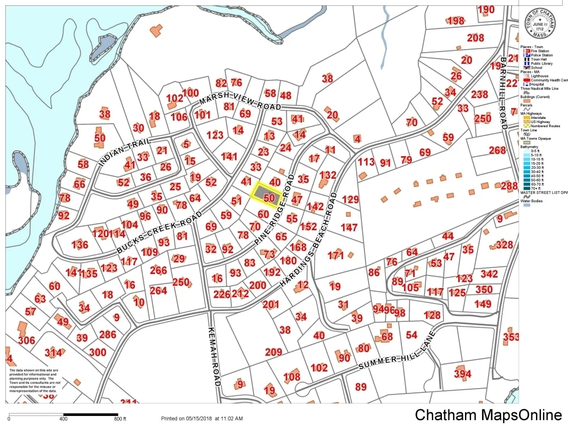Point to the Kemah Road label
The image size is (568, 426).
214,355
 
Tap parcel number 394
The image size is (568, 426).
463,374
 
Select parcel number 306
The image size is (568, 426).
27,340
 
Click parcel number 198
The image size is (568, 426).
456,21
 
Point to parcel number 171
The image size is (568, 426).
335,256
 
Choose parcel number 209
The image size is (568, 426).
273,353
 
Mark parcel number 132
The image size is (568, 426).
327,175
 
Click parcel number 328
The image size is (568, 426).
504,244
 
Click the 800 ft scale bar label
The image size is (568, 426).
120,419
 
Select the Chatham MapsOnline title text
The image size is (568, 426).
488,414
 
